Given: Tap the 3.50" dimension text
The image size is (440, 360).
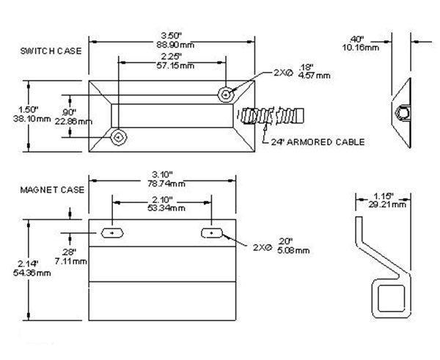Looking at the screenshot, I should (162, 35).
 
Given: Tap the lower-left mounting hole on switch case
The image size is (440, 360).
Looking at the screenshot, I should (117, 137).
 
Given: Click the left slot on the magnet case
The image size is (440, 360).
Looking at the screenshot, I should (112, 232).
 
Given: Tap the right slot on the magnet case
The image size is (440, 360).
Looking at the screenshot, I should (211, 232).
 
